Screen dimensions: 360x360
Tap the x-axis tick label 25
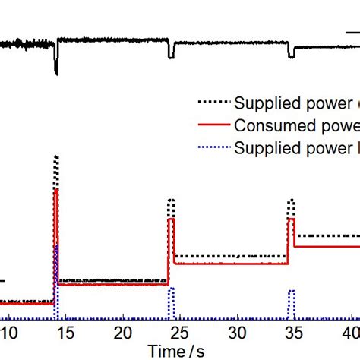pyautogui.click(x=181, y=333)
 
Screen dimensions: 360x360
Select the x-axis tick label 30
pyautogui.click(x=238, y=333)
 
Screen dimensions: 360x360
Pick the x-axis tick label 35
pyautogui.click(x=295, y=333)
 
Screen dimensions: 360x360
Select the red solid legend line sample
pyautogui.click(x=213, y=125)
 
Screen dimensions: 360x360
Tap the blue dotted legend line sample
pyautogui.click(x=213, y=147)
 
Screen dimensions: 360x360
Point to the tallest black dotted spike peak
pyautogui.click(x=56, y=156)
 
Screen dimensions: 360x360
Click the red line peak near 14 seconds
pyautogui.click(x=55, y=191)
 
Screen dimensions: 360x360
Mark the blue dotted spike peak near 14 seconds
pyautogui.click(x=56, y=247)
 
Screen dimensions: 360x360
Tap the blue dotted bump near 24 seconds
pyautogui.click(x=172, y=289)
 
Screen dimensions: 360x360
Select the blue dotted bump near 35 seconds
pyautogui.click(x=290, y=290)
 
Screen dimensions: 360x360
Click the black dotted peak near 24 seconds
pyautogui.click(x=172, y=200)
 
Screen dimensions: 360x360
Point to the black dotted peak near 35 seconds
pyautogui.click(x=290, y=201)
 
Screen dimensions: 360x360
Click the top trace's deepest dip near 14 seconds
pyautogui.click(x=56, y=74)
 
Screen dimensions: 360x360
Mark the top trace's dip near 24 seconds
pyautogui.click(x=172, y=56)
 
